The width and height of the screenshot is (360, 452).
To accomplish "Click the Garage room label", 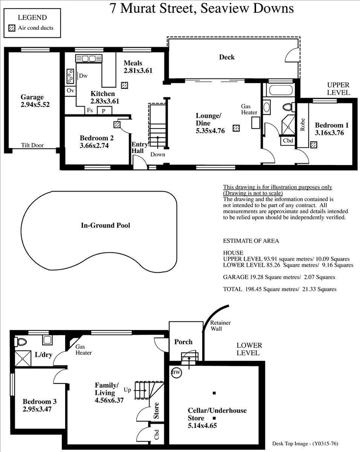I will point(32,97).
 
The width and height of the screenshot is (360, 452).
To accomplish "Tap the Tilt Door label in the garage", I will point(33,145).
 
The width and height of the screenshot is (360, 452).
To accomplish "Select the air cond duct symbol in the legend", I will point(12,28).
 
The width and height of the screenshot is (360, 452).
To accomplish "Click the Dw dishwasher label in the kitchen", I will point(83,76).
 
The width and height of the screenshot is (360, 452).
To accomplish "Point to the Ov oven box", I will point(70,90).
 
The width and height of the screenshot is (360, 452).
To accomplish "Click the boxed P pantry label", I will point(102,111).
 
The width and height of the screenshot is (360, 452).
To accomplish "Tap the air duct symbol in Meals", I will point(124,86).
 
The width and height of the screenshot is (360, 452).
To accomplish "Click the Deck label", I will point(227,57).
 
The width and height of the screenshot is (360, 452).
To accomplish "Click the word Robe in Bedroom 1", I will point(302,124).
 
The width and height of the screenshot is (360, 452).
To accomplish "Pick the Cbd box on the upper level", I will point(287,140).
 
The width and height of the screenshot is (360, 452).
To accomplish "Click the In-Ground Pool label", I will point(105,226).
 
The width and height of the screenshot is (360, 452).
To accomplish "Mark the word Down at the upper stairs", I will point(157,155).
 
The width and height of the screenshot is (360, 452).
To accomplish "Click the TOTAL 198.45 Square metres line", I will point(280,289).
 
